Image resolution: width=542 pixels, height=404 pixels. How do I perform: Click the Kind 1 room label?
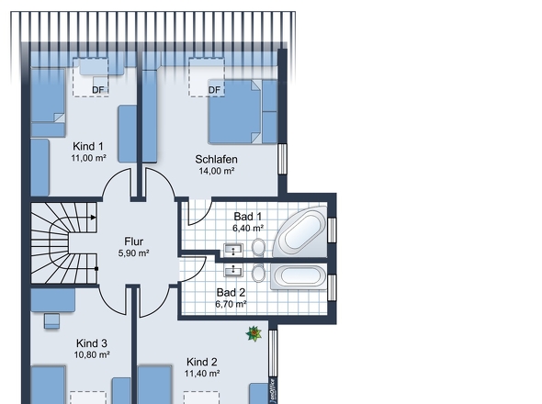[88, 147]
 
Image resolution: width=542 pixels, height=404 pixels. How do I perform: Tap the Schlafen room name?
[217, 160]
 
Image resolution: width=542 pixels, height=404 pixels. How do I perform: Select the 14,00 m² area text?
[217, 171]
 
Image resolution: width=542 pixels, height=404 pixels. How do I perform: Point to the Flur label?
[134, 241]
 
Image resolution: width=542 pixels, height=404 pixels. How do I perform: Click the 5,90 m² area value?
[134, 253]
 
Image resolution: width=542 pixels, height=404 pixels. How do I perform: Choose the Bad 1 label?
[248, 217]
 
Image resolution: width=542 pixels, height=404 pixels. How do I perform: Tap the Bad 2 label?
[231, 293]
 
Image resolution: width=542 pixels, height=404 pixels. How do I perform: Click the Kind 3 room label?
[92, 343]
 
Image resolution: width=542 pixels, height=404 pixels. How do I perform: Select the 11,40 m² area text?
[202, 374]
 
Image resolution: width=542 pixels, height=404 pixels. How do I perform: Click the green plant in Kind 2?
[254, 333]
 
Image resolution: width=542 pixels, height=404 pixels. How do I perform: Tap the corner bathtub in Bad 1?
[300, 231]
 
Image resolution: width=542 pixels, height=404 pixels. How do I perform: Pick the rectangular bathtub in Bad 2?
[299, 276]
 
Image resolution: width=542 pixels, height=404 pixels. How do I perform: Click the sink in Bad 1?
[233, 250]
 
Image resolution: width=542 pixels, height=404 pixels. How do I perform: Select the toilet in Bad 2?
[258, 273]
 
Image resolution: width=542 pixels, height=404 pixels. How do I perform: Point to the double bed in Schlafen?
[235, 112]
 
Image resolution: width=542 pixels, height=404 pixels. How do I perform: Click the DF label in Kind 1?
[97, 90]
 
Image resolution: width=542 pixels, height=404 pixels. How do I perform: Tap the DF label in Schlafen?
[214, 90]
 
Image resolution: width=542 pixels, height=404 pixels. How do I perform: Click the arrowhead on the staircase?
[94, 218]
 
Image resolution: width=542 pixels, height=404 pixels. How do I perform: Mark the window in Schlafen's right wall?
[282, 159]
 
